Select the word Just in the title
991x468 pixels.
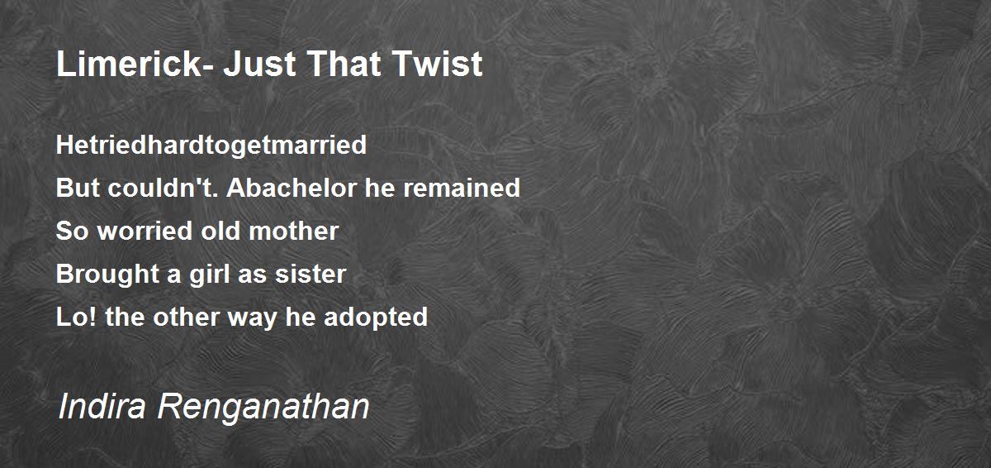coord(259,64)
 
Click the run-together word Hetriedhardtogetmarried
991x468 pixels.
coord(211,146)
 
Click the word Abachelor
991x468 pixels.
coord(292,188)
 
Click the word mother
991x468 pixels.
coord(294,231)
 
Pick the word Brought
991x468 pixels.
coord(107,275)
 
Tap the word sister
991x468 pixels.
coord(311,274)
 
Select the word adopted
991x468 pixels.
coord(376,318)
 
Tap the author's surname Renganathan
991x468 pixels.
coord(263,407)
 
